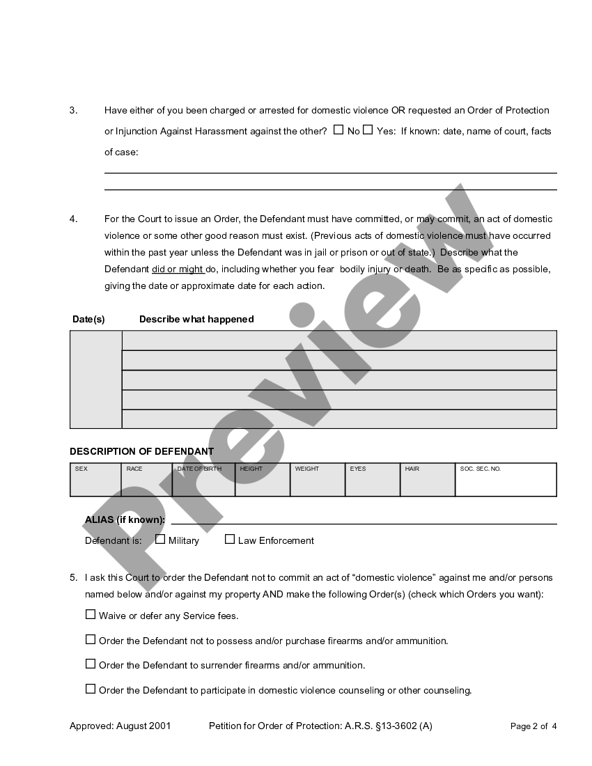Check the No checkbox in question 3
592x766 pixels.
click(338, 130)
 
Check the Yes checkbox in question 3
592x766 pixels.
click(368, 130)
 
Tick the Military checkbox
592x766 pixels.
click(160, 539)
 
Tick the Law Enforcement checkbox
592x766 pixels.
click(230, 539)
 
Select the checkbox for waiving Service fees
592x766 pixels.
click(91, 614)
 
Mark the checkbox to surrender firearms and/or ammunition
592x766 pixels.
click(91, 664)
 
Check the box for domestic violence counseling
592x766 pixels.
click(91, 689)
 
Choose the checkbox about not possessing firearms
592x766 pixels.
click(91, 639)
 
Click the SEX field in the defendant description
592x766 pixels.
click(96, 480)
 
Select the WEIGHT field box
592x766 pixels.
click(318, 480)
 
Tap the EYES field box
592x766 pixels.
click(373, 480)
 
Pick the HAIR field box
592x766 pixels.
click(428, 480)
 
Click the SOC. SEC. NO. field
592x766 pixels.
click(506, 480)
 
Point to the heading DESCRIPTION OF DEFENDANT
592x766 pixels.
click(142, 451)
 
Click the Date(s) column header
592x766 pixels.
click(88, 319)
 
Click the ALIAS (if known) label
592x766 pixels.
click(125, 519)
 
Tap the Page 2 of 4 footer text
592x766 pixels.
click(533, 726)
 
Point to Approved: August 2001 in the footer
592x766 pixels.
click(120, 726)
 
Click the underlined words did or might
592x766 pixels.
click(178, 269)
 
